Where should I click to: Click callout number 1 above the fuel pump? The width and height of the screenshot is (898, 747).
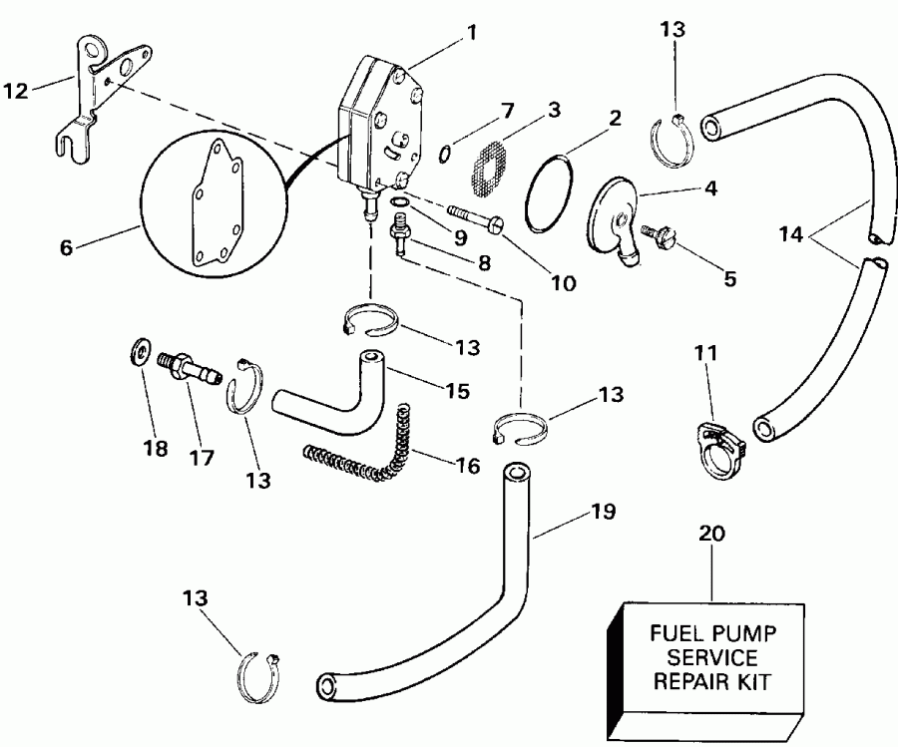[x=471, y=32]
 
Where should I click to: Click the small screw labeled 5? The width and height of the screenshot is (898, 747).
[x=660, y=237]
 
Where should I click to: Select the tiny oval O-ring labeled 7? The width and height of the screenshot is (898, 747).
[x=446, y=153]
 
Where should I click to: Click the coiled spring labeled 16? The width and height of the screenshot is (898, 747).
[x=369, y=450]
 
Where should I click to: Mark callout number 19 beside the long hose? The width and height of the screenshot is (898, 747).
[x=602, y=513]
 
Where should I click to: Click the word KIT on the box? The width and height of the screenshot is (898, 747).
[x=754, y=683]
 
